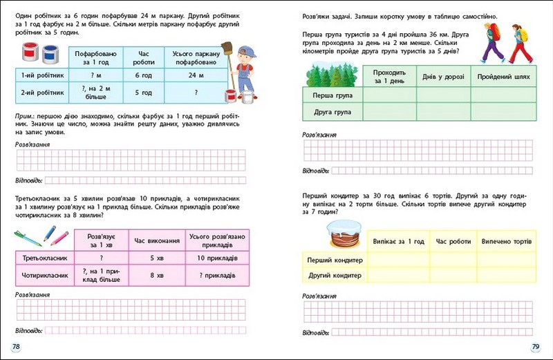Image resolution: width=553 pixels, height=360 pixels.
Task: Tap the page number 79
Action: click(534, 345)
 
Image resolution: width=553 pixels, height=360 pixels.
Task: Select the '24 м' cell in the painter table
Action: click(191, 74)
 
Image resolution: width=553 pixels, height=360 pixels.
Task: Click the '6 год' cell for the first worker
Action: click(142, 74)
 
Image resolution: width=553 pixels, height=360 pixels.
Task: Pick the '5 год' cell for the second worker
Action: click(142, 91)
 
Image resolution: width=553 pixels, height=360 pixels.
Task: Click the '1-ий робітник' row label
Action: click(41, 74)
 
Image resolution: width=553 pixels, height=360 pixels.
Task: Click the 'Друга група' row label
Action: click(328, 111)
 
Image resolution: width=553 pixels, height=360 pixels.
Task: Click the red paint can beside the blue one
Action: click(31, 53)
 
